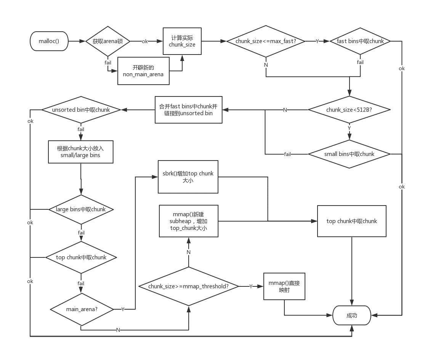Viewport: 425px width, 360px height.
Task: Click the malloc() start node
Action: pos(49,41)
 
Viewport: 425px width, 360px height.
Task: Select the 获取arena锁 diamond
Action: pos(108,41)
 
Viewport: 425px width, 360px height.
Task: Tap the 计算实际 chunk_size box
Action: pos(182,41)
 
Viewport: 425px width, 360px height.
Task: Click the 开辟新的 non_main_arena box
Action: pos(143,71)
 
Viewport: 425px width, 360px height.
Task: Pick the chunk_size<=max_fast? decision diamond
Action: pos(266,41)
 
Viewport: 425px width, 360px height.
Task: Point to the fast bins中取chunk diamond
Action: pos(360,41)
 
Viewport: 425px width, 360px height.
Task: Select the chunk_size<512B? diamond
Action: pos(349,110)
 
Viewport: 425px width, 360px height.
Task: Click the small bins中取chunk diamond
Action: pos(349,154)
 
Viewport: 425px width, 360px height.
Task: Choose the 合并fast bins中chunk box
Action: pos(188,110)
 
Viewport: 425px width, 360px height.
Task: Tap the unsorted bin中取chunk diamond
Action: pos(81,110)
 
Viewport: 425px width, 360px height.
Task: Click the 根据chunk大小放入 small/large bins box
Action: pos(81,152)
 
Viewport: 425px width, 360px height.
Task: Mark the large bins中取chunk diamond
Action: pos(81,209)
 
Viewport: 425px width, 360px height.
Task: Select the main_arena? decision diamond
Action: pos(82,309)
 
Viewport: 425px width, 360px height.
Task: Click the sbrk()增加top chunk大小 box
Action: pos(188,177)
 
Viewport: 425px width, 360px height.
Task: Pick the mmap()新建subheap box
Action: pos(188,221)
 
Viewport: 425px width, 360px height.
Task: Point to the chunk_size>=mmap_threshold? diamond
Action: pos(188,286)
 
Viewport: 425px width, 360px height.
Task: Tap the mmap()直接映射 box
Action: pos(284,286)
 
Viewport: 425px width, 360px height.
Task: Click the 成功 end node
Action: pos(352,315)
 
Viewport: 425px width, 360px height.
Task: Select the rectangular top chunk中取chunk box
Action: pos(351,221)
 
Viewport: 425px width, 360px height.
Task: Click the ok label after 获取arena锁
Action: pos(145,41)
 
